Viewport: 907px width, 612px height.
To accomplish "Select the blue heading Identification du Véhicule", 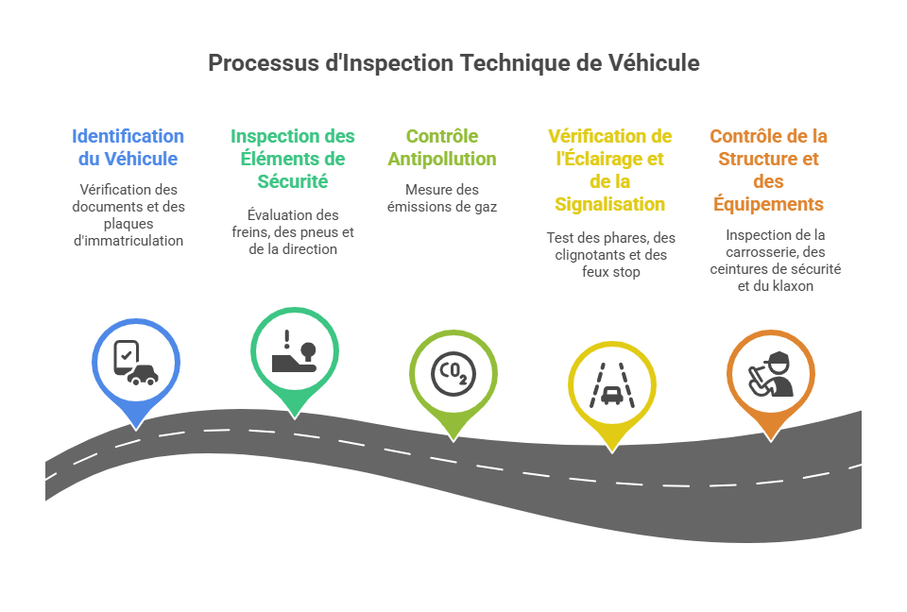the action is [128, 147].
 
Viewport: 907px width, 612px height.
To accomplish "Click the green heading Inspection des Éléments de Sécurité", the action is [293, 159].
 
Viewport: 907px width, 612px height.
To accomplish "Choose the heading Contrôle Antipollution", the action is [442, 147].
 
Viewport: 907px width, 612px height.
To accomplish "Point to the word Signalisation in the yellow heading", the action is [609, 204].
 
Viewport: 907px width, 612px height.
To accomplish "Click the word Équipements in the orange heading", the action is [768, 204].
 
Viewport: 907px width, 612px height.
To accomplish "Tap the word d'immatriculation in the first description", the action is [128, 241].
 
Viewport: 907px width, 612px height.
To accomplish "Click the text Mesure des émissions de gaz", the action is [442, 197].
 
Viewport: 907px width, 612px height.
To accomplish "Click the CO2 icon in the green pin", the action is [453, 374].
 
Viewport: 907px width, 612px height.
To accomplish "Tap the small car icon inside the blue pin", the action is [143, 374].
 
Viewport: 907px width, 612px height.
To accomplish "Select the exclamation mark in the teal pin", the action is [287, 339].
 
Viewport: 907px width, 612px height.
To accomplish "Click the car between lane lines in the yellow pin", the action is [612, 397].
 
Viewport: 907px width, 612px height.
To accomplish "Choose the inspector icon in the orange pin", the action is [771, 374].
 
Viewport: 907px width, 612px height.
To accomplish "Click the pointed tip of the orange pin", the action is [771, 442].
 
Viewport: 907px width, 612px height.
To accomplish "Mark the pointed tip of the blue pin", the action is [136, 431].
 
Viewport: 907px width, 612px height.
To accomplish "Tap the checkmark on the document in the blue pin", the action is [126, 354].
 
